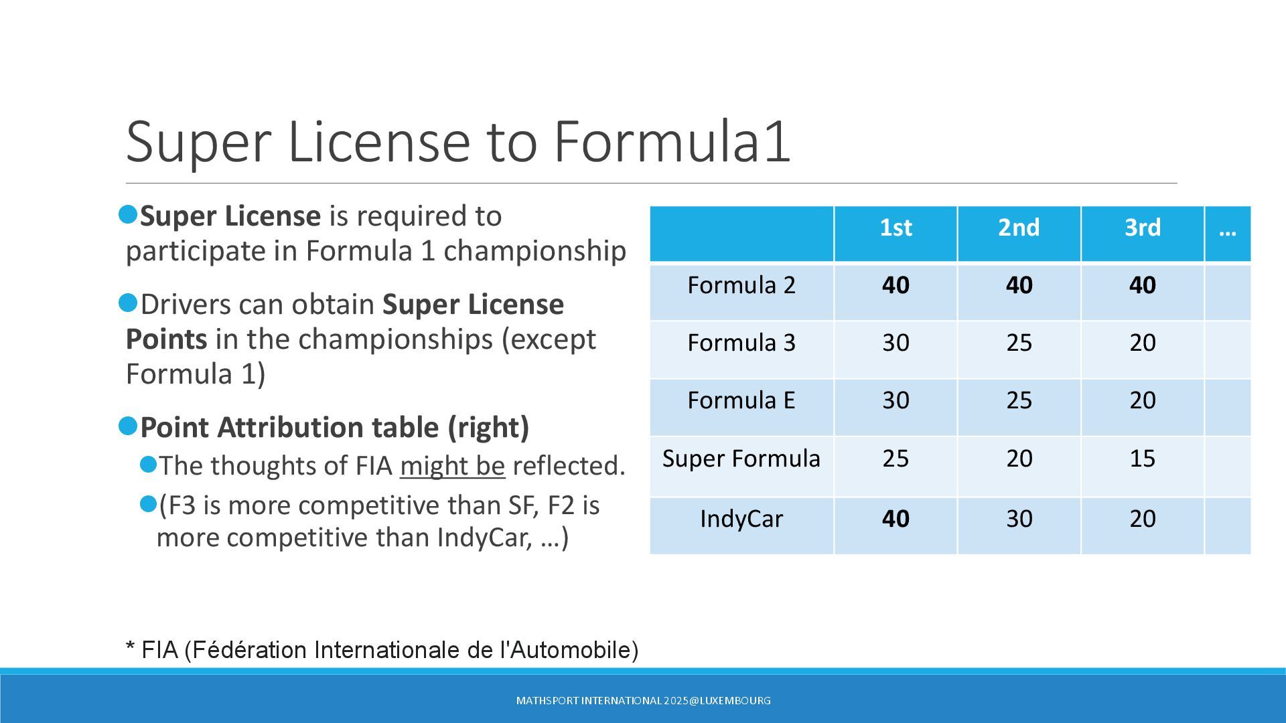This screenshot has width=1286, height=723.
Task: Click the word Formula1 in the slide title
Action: click(672, 141)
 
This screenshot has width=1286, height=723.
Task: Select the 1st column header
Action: click(896, 228)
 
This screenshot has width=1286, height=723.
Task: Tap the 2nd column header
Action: click(1019, 228)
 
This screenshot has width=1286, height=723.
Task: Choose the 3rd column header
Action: click(1142, 228)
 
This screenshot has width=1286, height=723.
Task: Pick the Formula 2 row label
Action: click(741, 285)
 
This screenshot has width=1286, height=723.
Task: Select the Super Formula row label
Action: click(741, 459)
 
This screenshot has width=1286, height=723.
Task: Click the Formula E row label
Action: click(741, 400)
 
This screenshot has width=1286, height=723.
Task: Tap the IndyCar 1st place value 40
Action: click(896, 519)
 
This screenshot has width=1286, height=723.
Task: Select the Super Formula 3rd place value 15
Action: click(1142, 459)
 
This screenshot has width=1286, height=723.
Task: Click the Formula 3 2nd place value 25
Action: click(1019, 343)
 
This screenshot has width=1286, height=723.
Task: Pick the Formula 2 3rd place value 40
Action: click(1142, 285)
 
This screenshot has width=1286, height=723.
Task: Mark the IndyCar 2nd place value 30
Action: click(1019, 519)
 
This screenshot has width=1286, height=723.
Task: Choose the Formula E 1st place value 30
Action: click(896, 400)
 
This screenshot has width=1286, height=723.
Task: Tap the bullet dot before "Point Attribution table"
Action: click(127, 426)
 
